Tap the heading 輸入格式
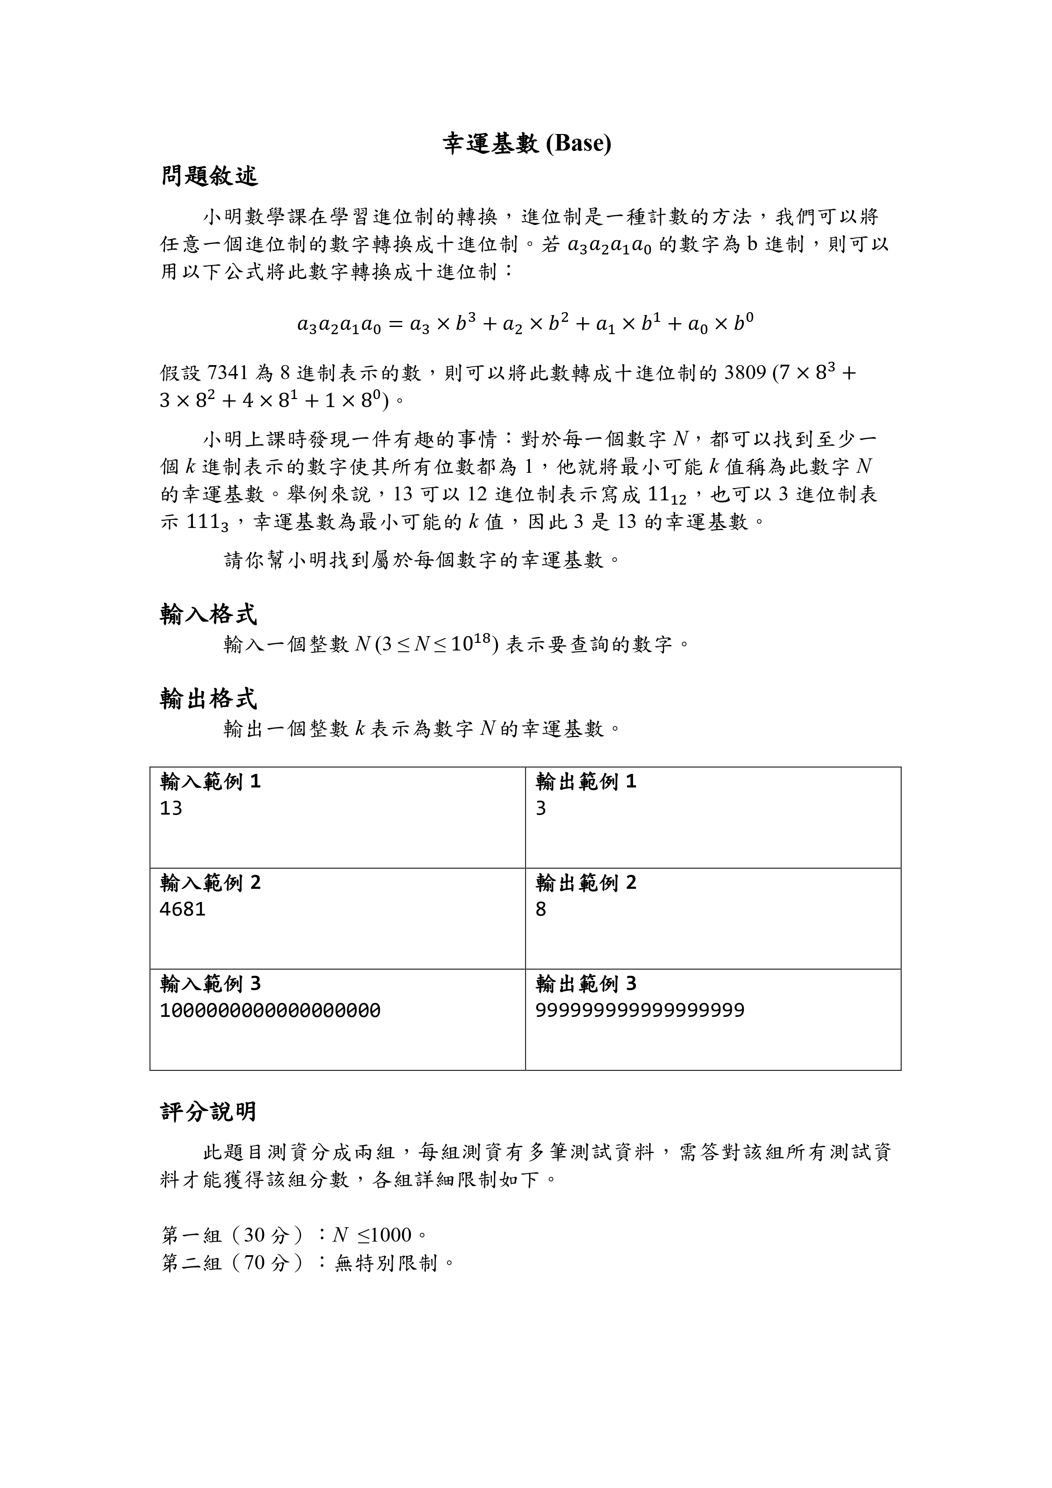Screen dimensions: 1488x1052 click(208, 614)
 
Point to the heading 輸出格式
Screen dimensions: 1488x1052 click(208, 699)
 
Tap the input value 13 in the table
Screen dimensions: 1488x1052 click(171, 808)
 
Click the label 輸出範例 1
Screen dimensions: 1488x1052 click(586, 782)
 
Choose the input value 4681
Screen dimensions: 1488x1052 click(182, 909)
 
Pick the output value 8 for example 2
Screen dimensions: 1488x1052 click(541, 909)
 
